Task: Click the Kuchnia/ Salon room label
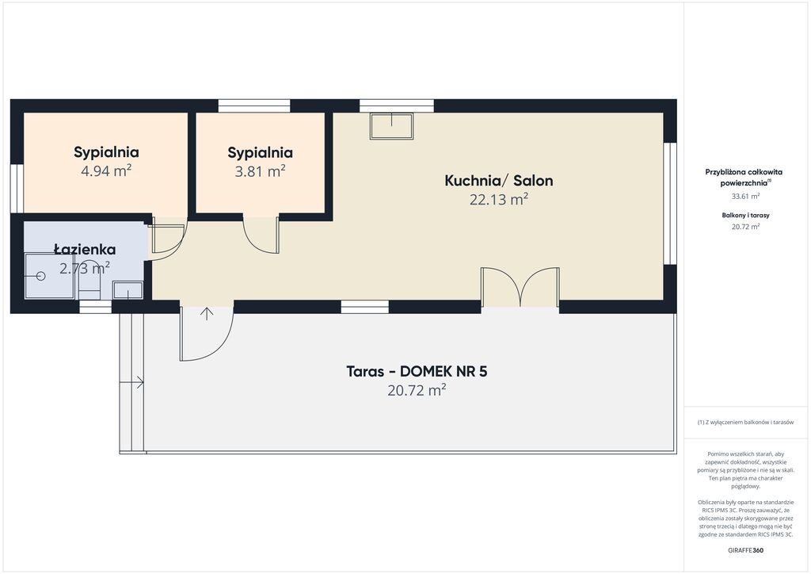[x=499, y=181]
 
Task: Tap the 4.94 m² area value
[x=106, y=170]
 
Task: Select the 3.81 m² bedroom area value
[x=260, y=170]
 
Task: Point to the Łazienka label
[x=85, y=250]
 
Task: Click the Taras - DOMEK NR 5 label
[x=417, y=372]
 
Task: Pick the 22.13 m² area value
[x=499, y=199]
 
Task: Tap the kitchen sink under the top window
[x=391, y=127]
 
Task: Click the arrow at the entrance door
[x=207, y=314]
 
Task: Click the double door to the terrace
[x=520, y=286]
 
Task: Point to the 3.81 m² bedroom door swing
[x=261, y=234]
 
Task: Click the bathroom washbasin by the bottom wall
[x=128, y=290]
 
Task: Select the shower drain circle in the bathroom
[x=41, y=277]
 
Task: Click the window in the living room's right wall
[x=670, y=204]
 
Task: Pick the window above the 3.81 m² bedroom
[x=254, y=105]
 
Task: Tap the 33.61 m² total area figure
[x=745, y=196]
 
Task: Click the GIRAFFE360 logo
[x=745, y=550]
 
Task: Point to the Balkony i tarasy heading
[x=745, y=216]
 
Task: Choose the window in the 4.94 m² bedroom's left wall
[x=17, y=189]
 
